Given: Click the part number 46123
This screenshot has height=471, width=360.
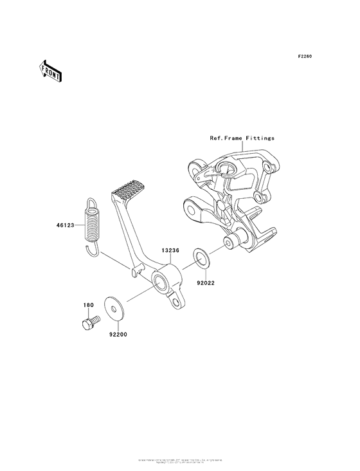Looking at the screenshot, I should (66, 226).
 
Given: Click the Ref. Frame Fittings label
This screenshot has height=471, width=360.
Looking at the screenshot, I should (242, 138).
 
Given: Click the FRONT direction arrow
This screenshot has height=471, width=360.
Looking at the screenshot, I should (50, 71).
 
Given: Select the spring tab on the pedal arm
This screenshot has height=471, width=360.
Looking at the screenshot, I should (135, 271).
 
